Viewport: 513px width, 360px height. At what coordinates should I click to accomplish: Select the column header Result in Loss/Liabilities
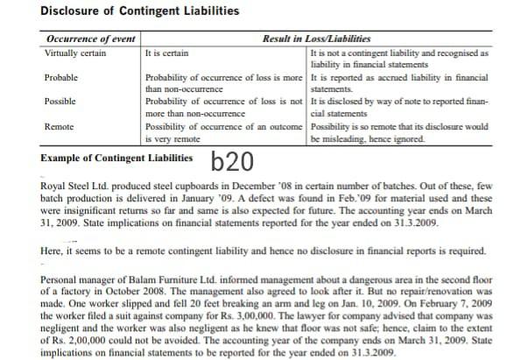click(316, 40)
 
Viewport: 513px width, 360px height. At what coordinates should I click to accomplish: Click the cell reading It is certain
click(165, 53)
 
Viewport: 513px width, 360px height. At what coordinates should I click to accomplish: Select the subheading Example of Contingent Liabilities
click(117, 159)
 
